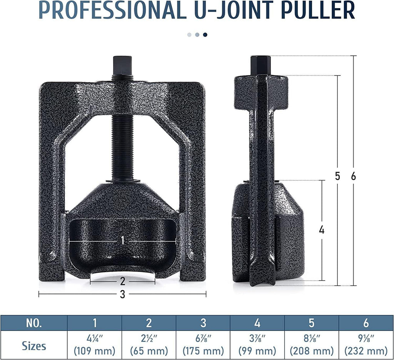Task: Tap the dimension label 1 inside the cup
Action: click(x=122, y=240)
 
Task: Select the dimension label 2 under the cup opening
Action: click(x=122, y=281)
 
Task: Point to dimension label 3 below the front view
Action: click(x=122, y=295)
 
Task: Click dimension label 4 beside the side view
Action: click(x=322, y=230)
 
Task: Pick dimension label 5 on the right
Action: click(x=337, y=176)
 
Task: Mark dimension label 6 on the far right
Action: click(x=354, y=176)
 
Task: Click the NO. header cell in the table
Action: click(x=34, y=323)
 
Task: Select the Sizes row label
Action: click(x=34, y=345)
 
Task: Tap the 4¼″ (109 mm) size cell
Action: click(x=95, y=345)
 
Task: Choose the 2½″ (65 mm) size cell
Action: click(x=149, y=345)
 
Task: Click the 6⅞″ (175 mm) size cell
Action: click(x=203, y=345)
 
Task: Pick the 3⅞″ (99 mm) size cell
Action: click(x=257, y=345)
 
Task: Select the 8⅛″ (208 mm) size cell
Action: click(x=312, y=345)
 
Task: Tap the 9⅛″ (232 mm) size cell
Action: click(x=366, y=345)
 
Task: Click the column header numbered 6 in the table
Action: click(x=366, y=323)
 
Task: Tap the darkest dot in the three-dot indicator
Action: click(x=205, y=35)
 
